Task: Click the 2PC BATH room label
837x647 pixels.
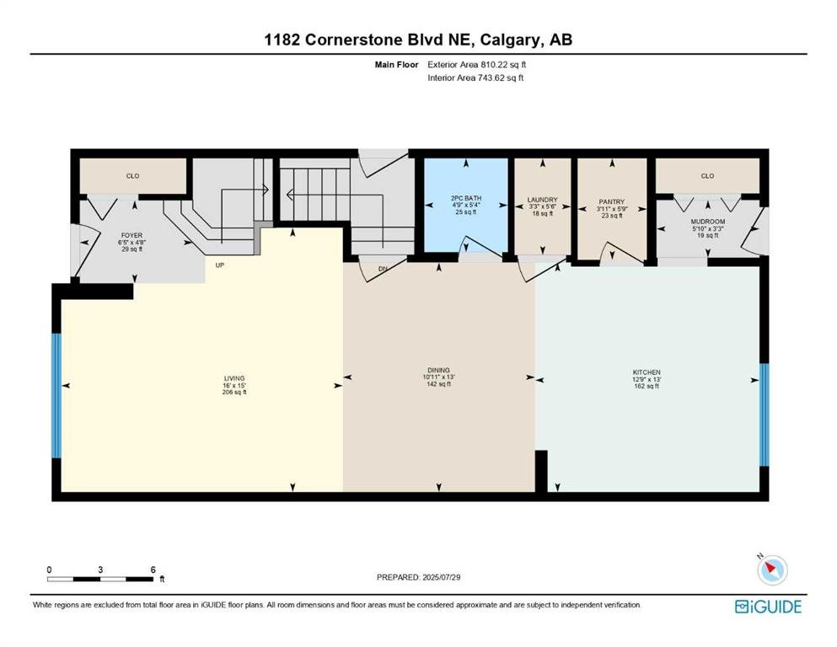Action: tap(466, 198)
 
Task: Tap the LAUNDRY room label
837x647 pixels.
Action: tap(542, 200)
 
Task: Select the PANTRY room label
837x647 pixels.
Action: tap(612, 202)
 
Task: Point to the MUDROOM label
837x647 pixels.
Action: tap(708, 222)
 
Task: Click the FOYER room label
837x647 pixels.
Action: tap(131, 235)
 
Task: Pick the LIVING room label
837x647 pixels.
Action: tap(234, 378)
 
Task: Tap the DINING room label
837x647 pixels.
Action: tap(439, 370)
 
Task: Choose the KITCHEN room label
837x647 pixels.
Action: tap(647, 372)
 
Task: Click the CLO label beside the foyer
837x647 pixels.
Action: tap(133, 176)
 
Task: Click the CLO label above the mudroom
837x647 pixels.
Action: tap(708, 176)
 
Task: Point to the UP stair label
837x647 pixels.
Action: tap(219, 265)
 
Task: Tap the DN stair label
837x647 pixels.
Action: tap(383, 269)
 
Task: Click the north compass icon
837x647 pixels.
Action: tap(772, 569)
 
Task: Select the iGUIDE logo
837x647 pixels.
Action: tap(768, 607)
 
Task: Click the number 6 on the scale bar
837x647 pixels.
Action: tap(153, 569)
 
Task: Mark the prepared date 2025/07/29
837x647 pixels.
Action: tap(442, 577)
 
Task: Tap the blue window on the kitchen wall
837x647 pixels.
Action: tap(765, 415)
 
